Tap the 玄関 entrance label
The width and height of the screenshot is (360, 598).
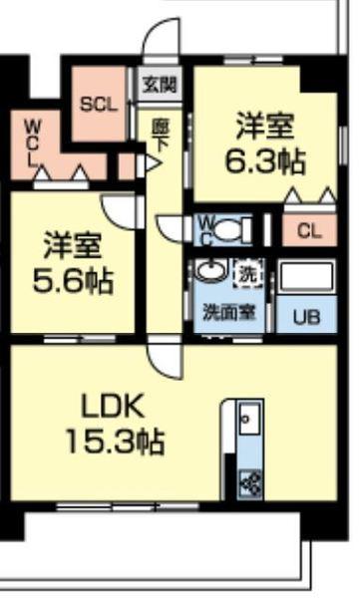pyautogui.click(x=160, y=85)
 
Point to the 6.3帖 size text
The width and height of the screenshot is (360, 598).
pyautogui.click(x=264, y=160)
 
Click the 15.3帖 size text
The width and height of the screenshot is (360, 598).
pyautogui.click(x=115, y=440)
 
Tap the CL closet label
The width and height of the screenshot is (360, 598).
pyautogui.click(x=309, y=232)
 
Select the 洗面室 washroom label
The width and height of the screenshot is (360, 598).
pyautogui.click(x=230, y=311)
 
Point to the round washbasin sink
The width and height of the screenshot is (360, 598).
pyautogui.click(x=210, y=271)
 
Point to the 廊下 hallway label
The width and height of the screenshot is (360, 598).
pyautogui.click(x=160, y=134)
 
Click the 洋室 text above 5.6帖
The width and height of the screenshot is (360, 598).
pyautogui.click(x=70, y=246)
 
